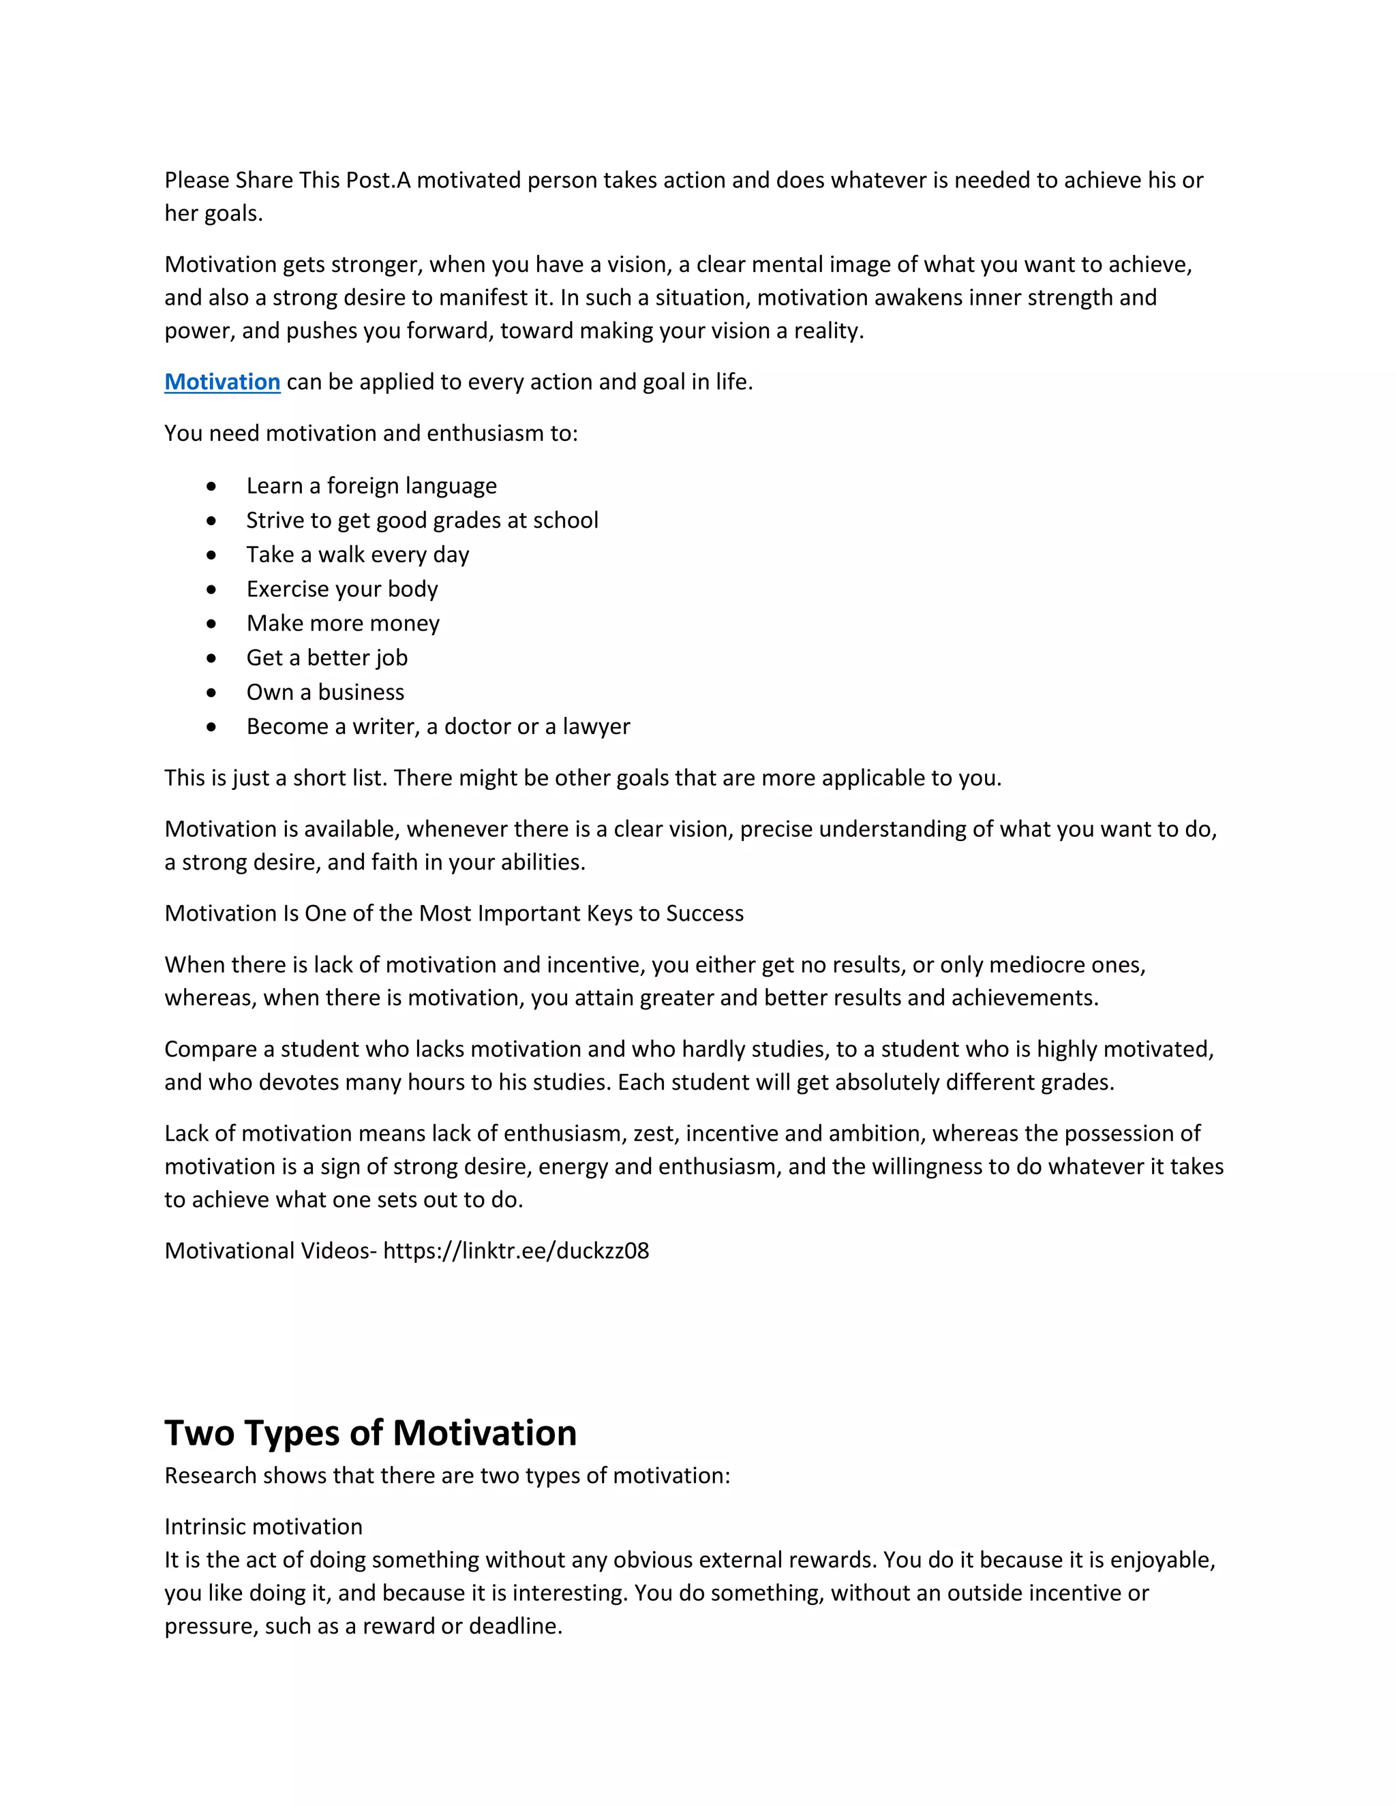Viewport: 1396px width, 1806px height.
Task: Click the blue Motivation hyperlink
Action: [222, 382]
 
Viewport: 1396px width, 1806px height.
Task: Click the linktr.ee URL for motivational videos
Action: [516, 1251]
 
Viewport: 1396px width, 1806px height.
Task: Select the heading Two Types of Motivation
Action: [371, 1433]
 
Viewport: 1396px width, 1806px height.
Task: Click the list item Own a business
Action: [325, 692]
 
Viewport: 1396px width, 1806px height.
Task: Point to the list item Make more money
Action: [342, 624]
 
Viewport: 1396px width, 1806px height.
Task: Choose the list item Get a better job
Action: [327, 658]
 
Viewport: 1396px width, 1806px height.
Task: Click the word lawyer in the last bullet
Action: [596, 727]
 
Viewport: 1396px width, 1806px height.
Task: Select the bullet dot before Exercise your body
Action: [212, 590]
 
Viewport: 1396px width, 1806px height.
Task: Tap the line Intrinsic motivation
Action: [263, 1527]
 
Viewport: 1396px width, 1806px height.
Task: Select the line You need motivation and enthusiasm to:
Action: [371, 433]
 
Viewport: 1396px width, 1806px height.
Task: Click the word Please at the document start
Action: [197, 181]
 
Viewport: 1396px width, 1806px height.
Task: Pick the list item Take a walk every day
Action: [357, 555]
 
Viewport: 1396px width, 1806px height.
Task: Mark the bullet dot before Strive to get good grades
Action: [212, 521]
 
